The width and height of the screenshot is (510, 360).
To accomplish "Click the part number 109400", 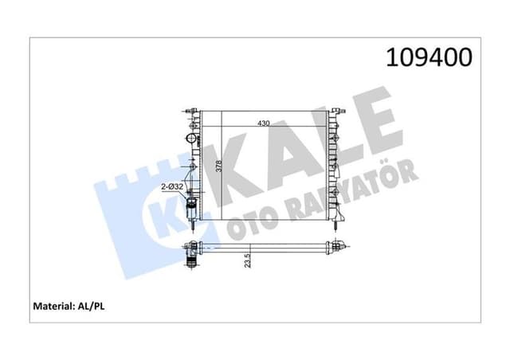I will tap(430, 58).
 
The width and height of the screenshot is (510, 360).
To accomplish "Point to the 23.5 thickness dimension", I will tap(248, 260).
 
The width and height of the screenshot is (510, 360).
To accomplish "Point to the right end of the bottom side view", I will tap(339, 248).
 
